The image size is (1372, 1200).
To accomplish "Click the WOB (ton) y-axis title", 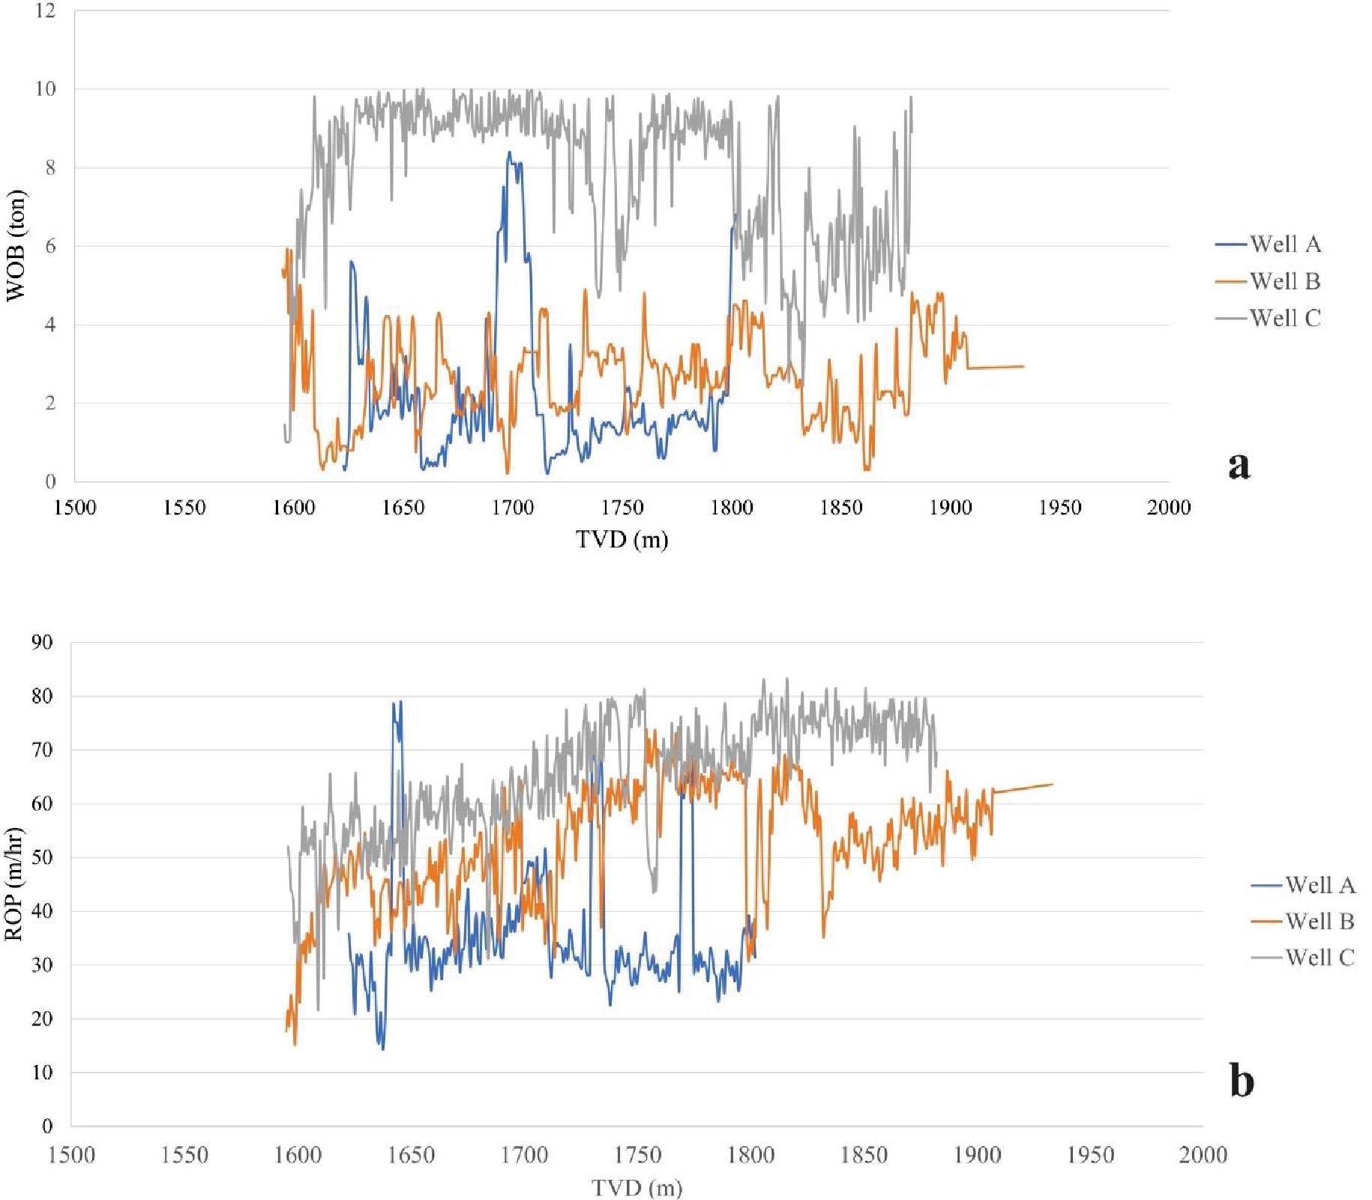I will pyautogui.click(x=16, y=246).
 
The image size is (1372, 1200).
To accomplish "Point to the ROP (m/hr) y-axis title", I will pyautogui.click(x=14, y=884).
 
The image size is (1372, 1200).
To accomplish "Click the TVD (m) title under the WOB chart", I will pyautogui.click(x=622, y=539).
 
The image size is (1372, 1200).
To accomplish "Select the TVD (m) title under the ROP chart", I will pyautogui.click(x=637, y=1188).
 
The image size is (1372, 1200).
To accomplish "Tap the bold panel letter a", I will pyautogui.click(x=1239, y=465).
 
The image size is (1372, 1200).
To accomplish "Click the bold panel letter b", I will pyautogui.click(x=1242, y=1081).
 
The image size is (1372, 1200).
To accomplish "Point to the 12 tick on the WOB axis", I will pyautogui.click(x=45, y=10).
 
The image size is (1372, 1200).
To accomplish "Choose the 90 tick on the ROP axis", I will pyautogui.click(x=42, y=643).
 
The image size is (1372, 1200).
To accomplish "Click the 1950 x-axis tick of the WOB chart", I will pyautogui.click(x=1059, y=508).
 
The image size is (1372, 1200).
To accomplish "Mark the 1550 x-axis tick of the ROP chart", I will pyautogui.click(x=184, y=1155).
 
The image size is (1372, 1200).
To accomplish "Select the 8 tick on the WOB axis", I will pyautogui.click(x=49, y=168).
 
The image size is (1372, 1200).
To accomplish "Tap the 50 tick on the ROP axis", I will pyautogui.click(x=42, y=857).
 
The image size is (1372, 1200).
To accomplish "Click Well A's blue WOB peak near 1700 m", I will pyautogui.click(x=510, y=153).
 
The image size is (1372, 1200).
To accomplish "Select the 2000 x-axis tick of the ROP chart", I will pyautogui.click(x=1203, y=1155).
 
